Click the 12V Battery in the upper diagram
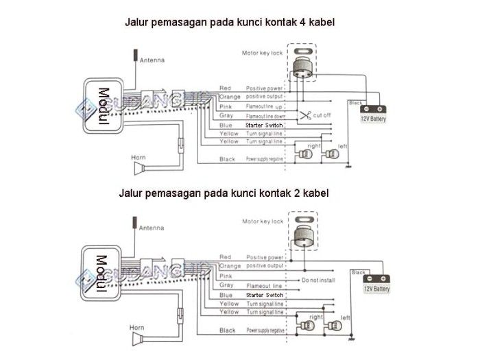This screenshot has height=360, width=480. coord(373,113)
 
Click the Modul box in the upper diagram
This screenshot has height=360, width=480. coord(104,106)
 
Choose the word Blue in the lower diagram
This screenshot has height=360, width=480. coord(226,294)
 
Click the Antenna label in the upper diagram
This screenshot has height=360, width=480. coord(152,60)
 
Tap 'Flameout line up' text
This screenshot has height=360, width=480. coord(265,107)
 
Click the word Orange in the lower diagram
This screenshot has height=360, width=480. coord(229,265)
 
